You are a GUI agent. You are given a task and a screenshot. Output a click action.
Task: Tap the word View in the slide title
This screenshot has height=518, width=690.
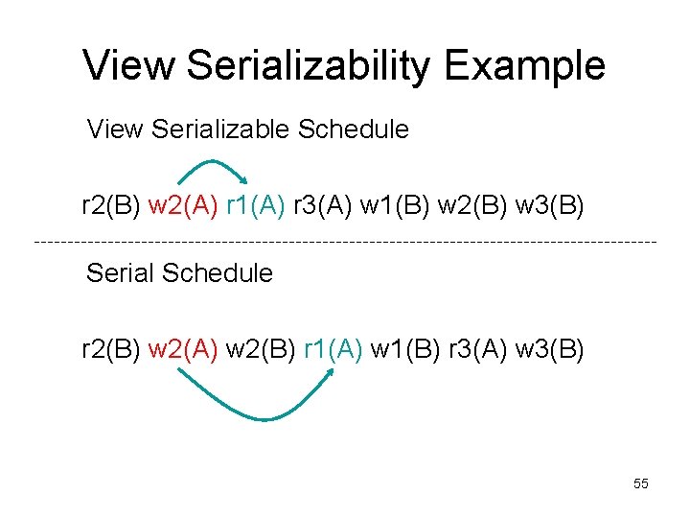[127, 66]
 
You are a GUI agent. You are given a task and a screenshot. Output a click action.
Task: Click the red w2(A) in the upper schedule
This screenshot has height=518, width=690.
[183, 205]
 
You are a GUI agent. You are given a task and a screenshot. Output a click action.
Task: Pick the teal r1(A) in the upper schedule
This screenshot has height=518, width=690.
[256, 205]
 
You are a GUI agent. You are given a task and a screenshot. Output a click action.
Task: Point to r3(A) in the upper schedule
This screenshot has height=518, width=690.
[323, 205]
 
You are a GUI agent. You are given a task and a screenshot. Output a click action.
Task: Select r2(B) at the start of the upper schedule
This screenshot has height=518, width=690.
[111, 205]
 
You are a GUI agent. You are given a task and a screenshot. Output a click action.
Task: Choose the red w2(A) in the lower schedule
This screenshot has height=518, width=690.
[183, 348]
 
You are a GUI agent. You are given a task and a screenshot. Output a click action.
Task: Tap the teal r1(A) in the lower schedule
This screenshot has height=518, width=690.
[333, 348]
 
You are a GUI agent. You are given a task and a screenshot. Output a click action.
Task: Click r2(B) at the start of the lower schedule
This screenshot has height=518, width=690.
[111, 348]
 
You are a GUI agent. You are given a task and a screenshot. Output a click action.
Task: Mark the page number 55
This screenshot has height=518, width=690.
[641, 483]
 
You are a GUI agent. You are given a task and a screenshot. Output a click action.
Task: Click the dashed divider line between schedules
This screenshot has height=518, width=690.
[345, 240]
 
